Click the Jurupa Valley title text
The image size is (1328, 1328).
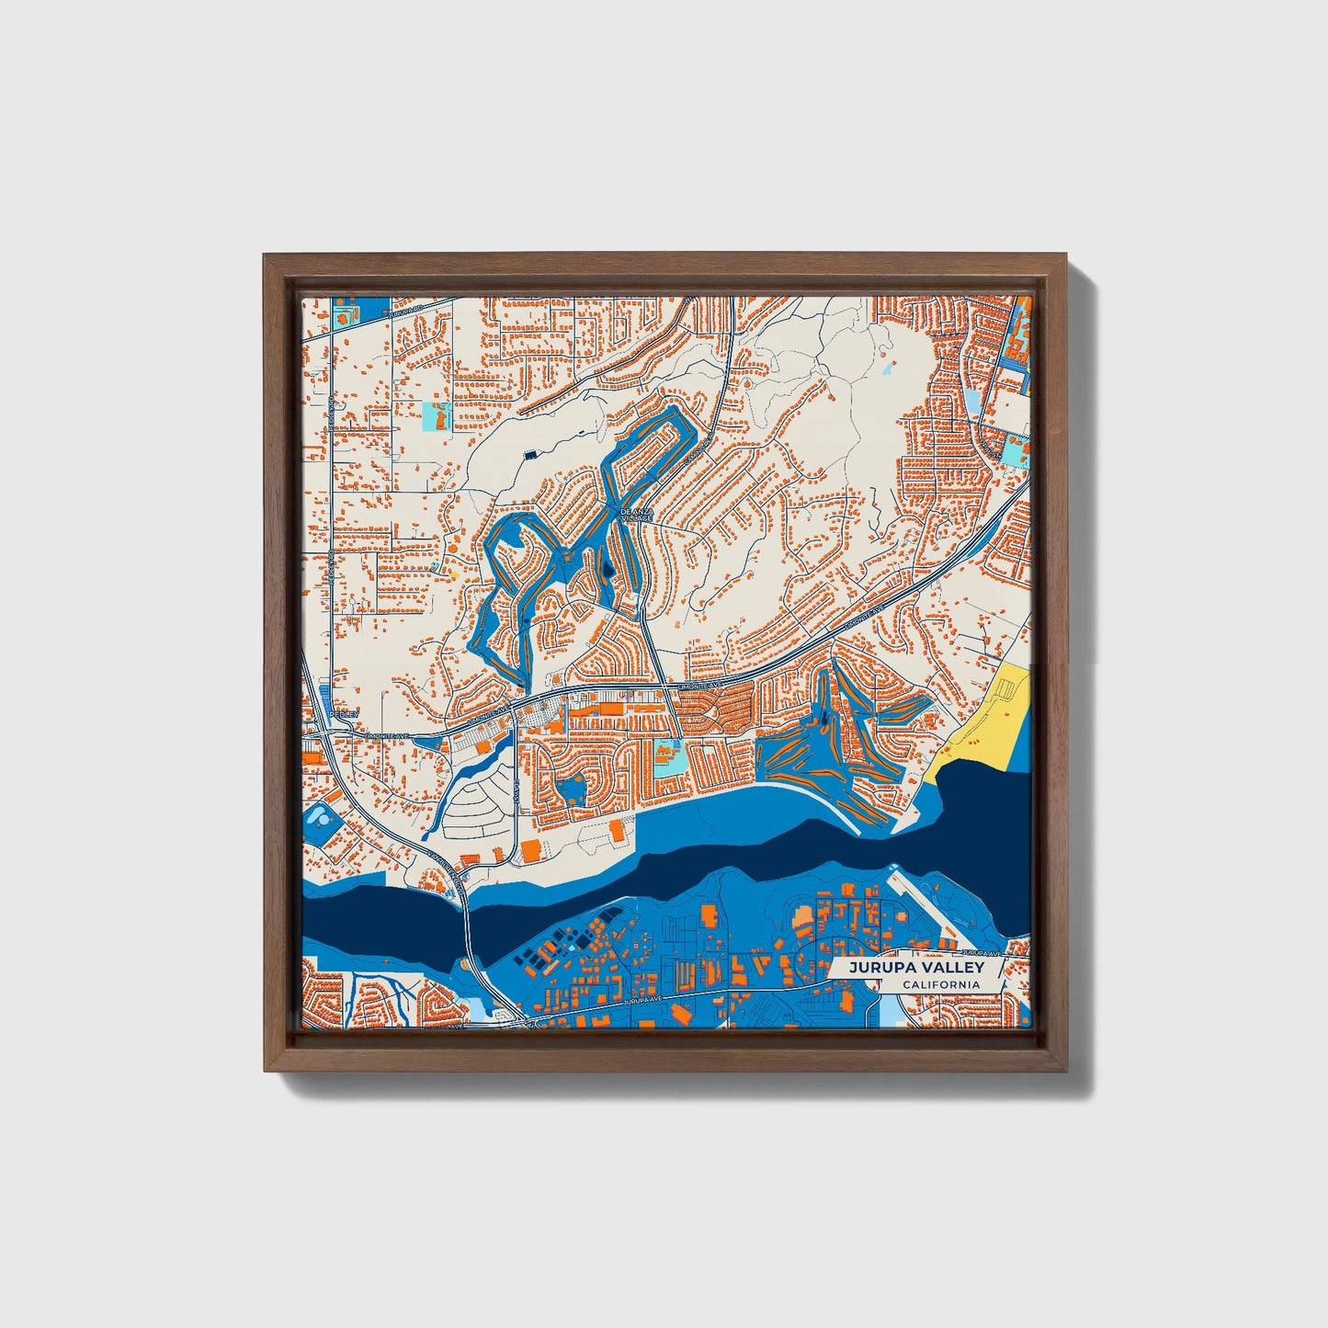click(x=915, y=967)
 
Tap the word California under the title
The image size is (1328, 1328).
click(x=940, y=985)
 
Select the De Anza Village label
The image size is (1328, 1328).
click(x=636, y=516)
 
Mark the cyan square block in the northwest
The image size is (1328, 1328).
click(x=436, y=416)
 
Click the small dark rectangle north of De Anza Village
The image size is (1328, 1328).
click(x=529, y=454)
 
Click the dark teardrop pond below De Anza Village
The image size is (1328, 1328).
click(x=607, y=576)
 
